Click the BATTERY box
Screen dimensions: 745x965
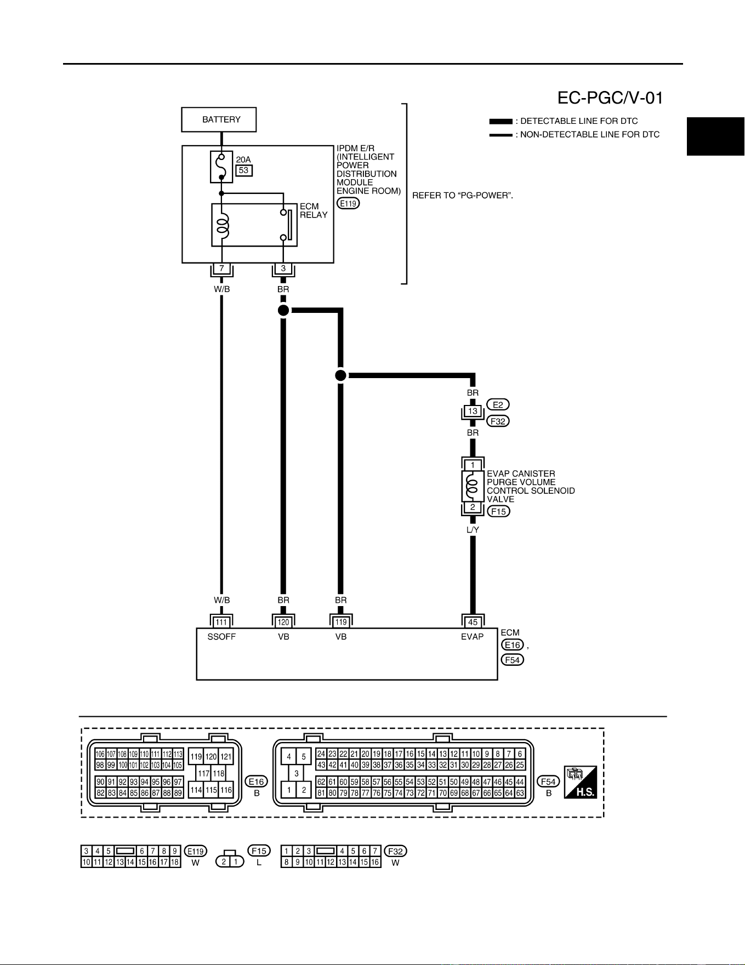(x=219, y=119)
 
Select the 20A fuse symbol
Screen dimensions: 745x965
(x=221, y=167)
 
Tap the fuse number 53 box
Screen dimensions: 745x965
(x=244, y=170)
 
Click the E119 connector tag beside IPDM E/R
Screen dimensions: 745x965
(x=348, y=204)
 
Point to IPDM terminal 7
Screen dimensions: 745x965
(x=221, y=269)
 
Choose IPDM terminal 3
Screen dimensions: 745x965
(x=283, y=269)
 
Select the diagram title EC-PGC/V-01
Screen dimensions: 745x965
(x=610, y=98)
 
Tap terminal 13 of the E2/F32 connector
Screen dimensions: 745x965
(x=473, y=411)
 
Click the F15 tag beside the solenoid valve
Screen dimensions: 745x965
(x=498, y=511)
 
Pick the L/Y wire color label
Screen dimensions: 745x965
(x=473, y=530)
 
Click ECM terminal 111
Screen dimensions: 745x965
(x=221, y=622)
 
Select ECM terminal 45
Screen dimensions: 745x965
(x=473, y=622)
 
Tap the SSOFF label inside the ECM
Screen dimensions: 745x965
(x=221, y=637)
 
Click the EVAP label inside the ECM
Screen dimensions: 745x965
(x=473, y=637)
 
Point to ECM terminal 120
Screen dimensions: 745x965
(x=283, y=622)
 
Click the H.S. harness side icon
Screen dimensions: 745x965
(x=580, y=782)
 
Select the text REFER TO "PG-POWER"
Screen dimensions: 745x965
(x=463, y=196)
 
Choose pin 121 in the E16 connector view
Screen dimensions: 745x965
(x=226, y=757)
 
